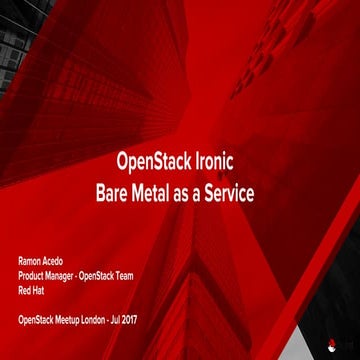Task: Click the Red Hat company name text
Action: pyautogui.click(x=28, y=290)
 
